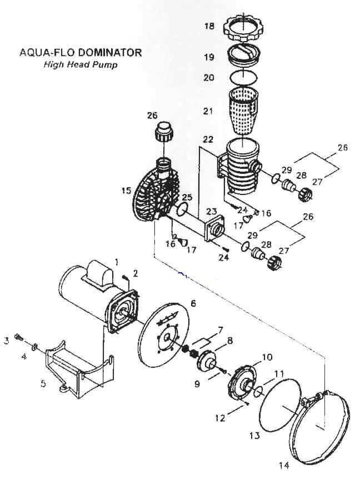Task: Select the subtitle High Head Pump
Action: pyautogui.click(x=81, y=64)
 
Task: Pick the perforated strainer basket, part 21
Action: pyautogui.click(x=247, y=111)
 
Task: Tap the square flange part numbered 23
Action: pyautogui.click(x=216, y=228)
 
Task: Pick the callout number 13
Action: pyautogui.click(x=254, y=436)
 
